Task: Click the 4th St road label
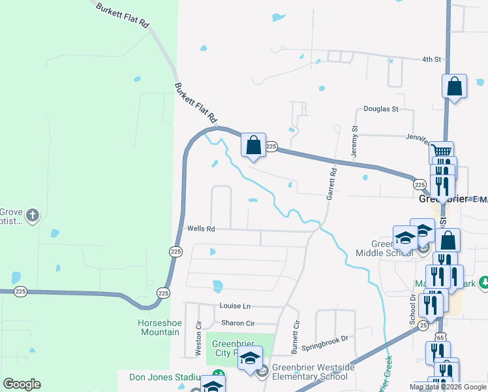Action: point(431,59)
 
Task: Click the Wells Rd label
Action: point(201,229)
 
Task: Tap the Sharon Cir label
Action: point(237,323)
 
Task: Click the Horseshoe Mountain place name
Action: point(159,327)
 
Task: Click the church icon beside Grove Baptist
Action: point(33,214)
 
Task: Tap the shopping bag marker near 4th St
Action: point(454,86)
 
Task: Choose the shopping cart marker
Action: point(442,152)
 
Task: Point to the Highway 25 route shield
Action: point(423,325)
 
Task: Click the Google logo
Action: point(22,384)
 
